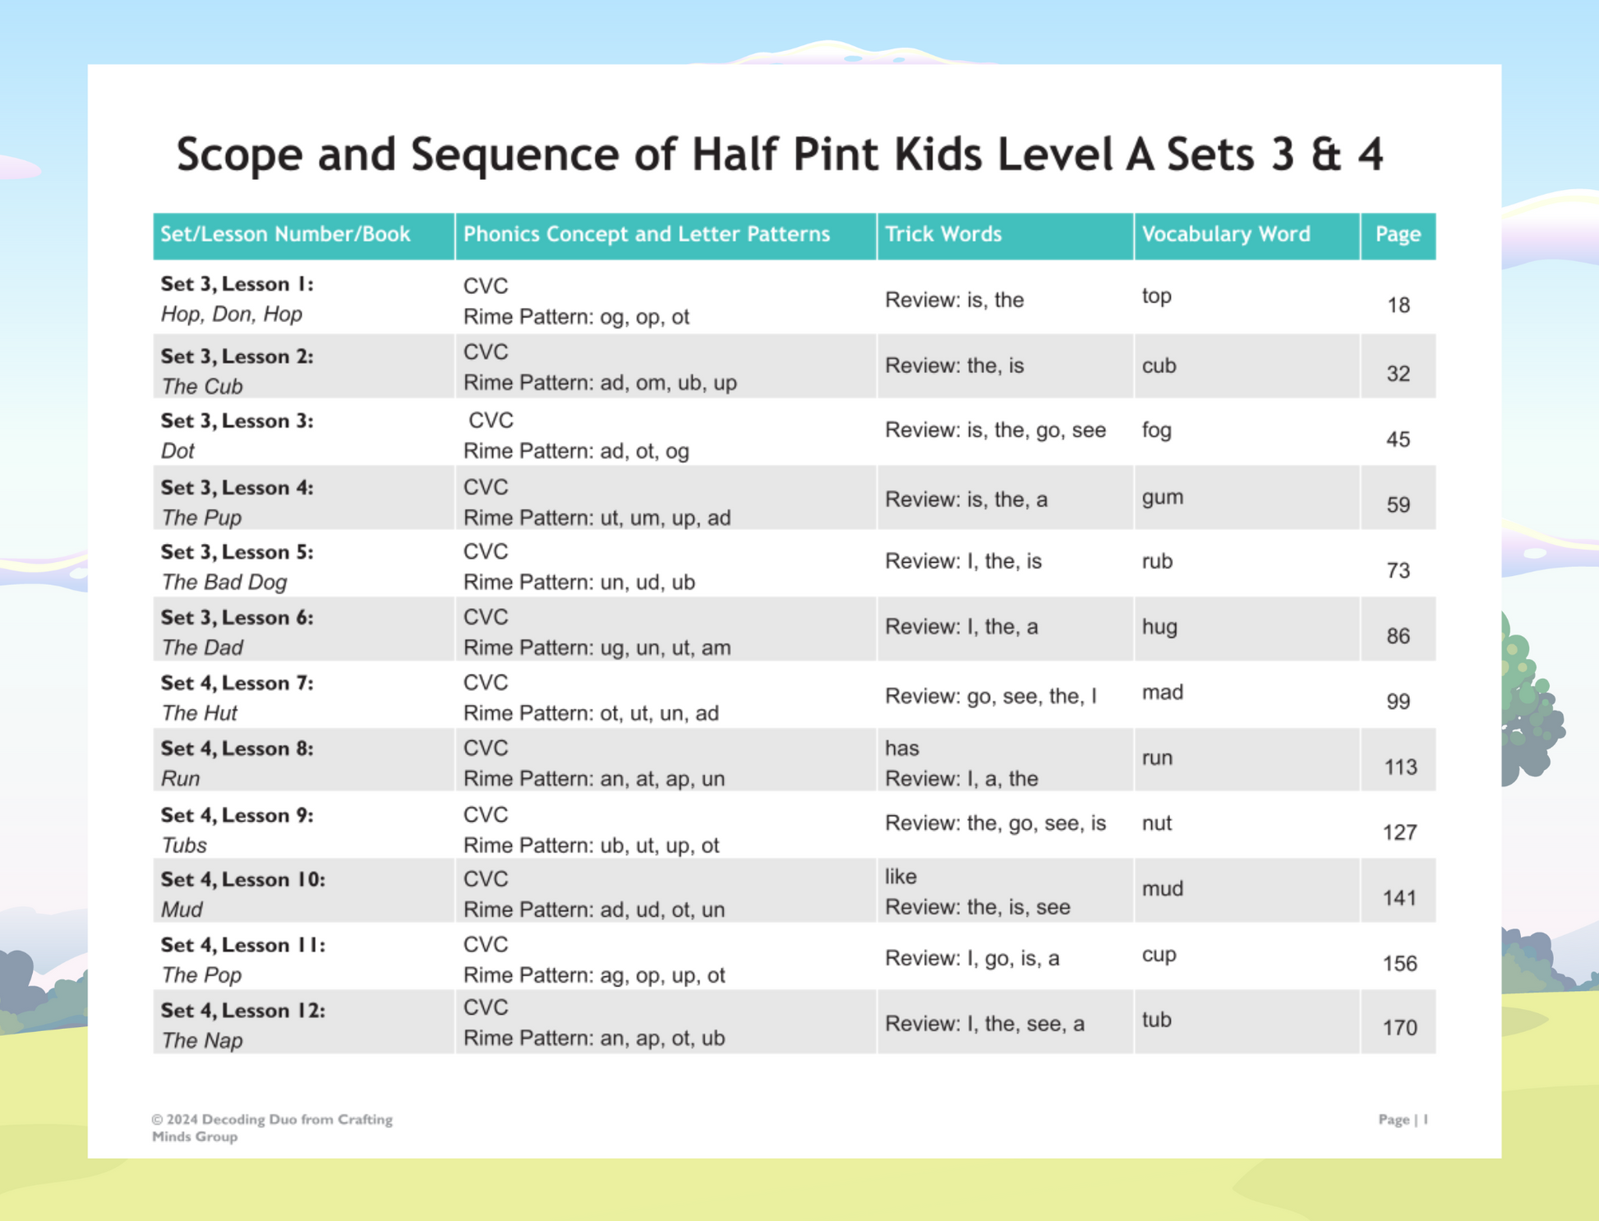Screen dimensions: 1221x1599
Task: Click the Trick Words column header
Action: click(x=942, y=234)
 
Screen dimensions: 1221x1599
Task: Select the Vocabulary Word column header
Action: click(x=1225, y=234)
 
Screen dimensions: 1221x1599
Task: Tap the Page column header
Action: click(x=1398, y=234)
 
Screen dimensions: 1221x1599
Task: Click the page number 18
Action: click(x=1398, y=306)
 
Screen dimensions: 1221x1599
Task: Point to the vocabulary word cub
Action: click(x=1159, y=366)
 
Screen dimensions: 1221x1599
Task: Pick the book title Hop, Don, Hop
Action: click(x=231, y=315)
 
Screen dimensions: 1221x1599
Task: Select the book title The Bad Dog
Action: click(x=223, y=583)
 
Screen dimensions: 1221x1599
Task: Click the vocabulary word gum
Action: click(x=1162, y=498)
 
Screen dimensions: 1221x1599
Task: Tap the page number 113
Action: click(x=1399, y=767)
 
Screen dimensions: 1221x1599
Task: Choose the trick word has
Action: click(x=901, y=749)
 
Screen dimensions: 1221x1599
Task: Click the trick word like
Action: click(x=900, y=877)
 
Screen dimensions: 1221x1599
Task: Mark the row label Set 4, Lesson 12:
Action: click(x=242, y=1011)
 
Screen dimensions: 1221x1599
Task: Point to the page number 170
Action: click(x=1399, y=1028)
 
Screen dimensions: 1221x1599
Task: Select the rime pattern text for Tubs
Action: click(x=591, y=845)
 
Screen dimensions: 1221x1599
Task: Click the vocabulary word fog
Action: click(x=1156, y=431)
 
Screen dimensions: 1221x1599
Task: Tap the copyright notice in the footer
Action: click(x=271, y=1127)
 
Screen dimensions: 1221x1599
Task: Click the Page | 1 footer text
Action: click(x=1403, y=1119)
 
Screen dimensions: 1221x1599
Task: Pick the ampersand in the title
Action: click(x=1325, y=154)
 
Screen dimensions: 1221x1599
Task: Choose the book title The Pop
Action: click(x=201, y=975)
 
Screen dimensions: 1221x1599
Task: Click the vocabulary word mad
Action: click(x=1162, y=693)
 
